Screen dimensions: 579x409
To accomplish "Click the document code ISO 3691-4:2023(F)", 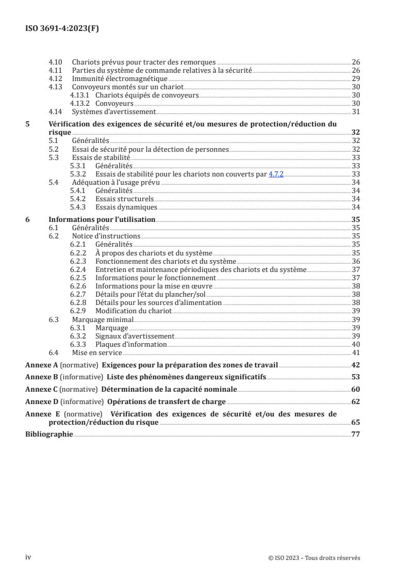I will (x=62, y=29).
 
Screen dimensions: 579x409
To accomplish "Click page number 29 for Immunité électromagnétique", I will (x=355, y=78).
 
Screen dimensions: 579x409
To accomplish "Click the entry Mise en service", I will (x=96, y=353).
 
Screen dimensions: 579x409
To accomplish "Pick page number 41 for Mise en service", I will (x=355, y=353).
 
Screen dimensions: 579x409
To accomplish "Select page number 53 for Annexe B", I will (x=355, y=377).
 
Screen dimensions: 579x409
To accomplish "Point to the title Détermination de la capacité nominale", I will (x=169, y=389).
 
